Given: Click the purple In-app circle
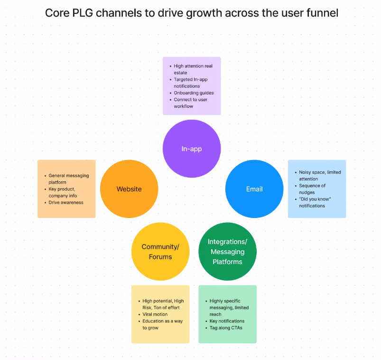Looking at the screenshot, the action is tap(192, 149).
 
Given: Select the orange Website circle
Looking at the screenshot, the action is tap(129, 189).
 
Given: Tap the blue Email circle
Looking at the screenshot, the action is tap(254, 189).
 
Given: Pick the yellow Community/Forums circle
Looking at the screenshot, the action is tap(160, 252).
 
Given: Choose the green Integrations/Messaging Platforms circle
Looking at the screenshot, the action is tap(227, 252).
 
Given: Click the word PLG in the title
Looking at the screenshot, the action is tap(83, 13).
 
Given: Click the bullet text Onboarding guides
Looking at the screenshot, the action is tap(194, 93).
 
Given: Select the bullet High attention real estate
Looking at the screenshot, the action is tap(193, 69).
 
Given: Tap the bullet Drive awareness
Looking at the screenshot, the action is tap(66, 202).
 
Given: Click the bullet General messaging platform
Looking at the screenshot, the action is tap(68, 179).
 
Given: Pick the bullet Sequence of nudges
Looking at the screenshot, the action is tap(312, 189).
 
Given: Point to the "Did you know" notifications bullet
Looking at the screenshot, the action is tap(315, 202).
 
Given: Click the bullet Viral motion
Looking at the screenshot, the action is tap(155, 314).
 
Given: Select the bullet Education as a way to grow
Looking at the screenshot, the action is tap(162, 324).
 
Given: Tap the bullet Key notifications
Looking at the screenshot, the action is tap(227, 321).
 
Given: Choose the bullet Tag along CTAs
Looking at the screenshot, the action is tap(226, 328).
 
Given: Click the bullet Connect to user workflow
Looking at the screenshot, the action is tap(191, 103).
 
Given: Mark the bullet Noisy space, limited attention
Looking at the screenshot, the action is tap(320, 175).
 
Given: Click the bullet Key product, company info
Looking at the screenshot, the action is tap(63, 192).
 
